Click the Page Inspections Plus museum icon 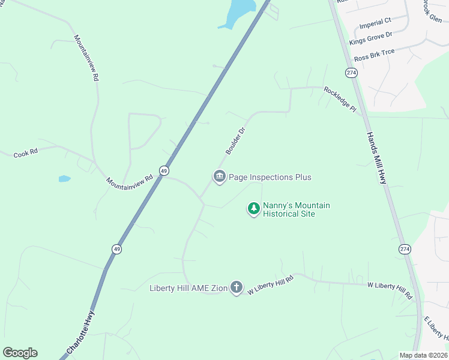click(x=219, y=176)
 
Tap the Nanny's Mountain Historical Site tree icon click(x=254, y=208)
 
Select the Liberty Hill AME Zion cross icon click(x=237, y=287)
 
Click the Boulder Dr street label click(x=235, y=140)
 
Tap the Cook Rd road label click(x=26, y=154)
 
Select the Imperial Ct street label click(x=375, y=24)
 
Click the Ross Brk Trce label click(x=374, y=55)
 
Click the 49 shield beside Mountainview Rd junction click(x=164, y=171)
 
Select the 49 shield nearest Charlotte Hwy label click(x=116, y=248)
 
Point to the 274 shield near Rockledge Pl click(x=351, y=72)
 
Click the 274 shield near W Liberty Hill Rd click(x=405, y=248)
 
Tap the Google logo click(x=20, y=353)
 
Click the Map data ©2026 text click(x=423, y=355)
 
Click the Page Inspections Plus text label click(x=270, y=177)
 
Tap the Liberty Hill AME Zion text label click(x=188, y=288)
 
